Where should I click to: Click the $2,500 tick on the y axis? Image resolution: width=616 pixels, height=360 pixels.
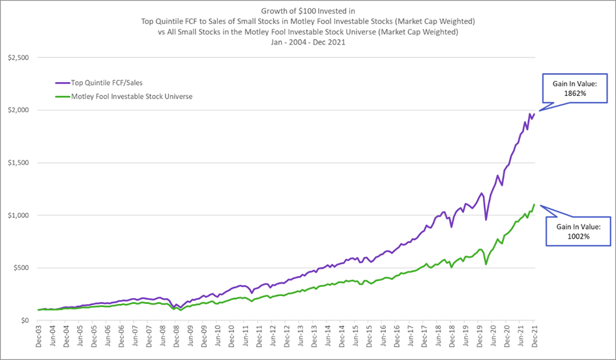18,57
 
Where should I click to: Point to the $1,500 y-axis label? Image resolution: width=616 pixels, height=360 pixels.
18,162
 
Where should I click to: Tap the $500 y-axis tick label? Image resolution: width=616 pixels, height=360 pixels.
21,267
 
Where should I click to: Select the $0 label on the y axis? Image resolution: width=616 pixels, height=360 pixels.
25,320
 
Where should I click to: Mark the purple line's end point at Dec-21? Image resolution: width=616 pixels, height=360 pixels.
534,114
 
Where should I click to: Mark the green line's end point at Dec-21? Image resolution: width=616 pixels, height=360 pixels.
535,205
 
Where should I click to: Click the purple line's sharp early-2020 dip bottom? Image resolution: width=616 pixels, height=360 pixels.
486,220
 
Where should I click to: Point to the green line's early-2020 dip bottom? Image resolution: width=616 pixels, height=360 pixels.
486,264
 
